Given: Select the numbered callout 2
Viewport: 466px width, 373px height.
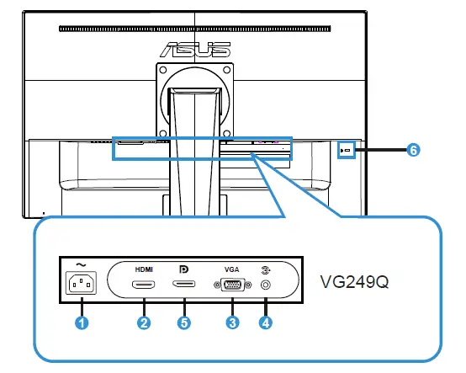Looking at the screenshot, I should tap(144, 321).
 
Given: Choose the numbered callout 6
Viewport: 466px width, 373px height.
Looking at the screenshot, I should tap(412, 150).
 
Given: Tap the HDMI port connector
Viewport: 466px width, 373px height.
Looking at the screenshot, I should tap(145, 286).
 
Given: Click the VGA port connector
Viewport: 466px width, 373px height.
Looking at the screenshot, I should tap(232, 286).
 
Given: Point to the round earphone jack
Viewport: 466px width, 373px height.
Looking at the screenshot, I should tap(267, 286).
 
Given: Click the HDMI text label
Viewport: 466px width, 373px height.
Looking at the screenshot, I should tap(145, 267).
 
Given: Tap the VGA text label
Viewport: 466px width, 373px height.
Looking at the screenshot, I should tap(232, 268).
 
